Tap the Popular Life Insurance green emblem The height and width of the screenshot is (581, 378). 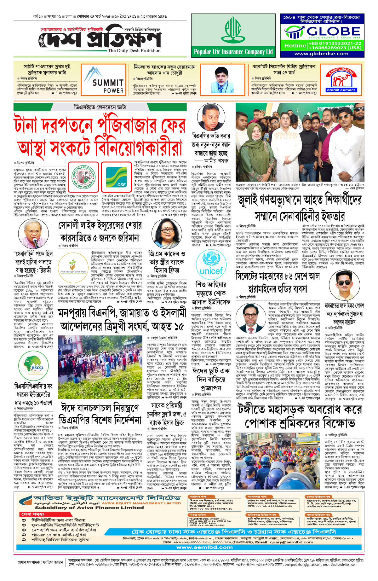[x=233, y=30]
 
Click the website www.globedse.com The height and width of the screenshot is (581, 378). [x=321, y=54]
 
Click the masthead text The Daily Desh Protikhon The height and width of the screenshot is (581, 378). [x=134, y=50]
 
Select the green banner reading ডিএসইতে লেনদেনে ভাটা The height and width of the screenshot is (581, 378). [x=100, y=107]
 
